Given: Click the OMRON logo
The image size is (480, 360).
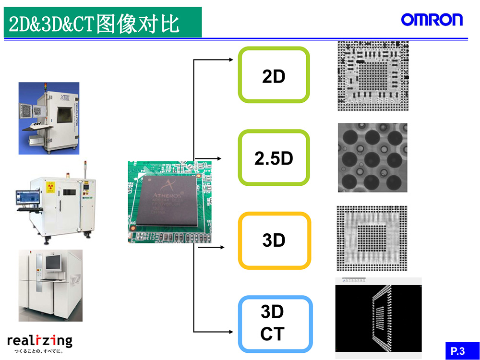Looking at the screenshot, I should pos(432,20).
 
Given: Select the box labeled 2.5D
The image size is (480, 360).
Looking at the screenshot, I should pos(274,158).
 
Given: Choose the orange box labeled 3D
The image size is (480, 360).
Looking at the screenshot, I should pos(274,240).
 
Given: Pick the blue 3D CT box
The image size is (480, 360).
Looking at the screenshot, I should pos(275,324).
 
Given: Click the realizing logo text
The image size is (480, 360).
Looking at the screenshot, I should pos(39,341).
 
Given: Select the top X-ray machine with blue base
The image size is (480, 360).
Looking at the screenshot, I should pos(49,118).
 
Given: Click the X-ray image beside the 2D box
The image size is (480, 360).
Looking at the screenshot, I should pos(373,76).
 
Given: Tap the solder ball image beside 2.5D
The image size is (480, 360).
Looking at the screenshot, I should pos(372,157).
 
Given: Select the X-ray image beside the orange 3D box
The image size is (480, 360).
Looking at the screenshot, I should pos(372,239).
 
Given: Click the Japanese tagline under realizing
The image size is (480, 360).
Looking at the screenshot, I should pos(39,351).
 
